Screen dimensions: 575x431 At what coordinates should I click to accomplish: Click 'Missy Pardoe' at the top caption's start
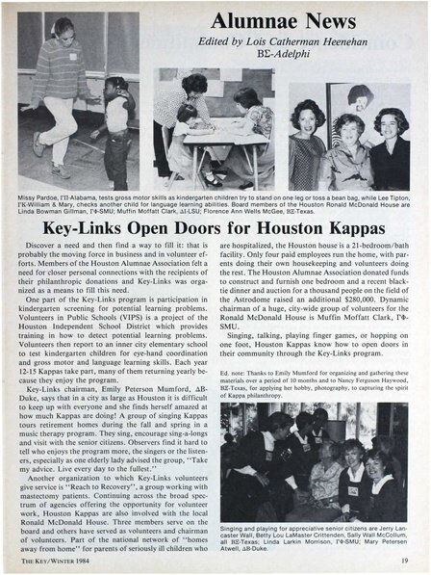point(39,197)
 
